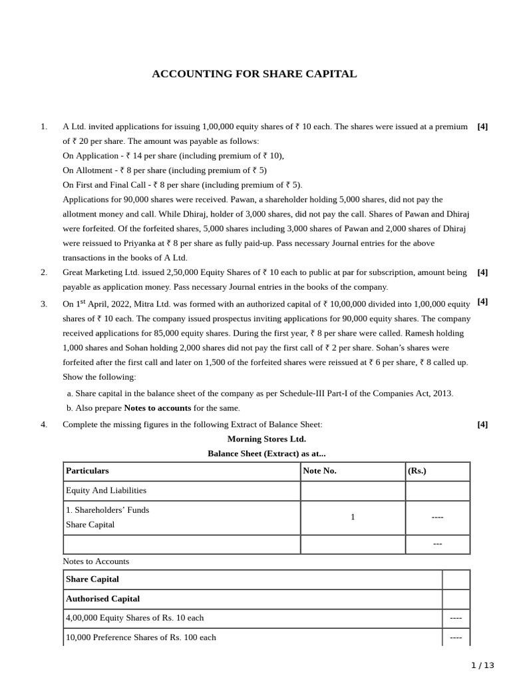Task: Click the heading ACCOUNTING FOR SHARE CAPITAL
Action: tap(254, 74)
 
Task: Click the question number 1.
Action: tap(44, 127)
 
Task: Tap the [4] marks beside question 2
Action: tap(482, 272)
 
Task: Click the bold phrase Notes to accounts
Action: tap(157, 408)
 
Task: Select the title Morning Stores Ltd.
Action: tap(266, 439)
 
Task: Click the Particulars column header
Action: tap(87, 471)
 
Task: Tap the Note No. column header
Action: tap(319, 471)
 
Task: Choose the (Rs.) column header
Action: tap(417, 471)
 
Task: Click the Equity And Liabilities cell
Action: tap(106, 490)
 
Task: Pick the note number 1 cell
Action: tap(353, 517)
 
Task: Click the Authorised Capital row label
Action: tap(102, 599)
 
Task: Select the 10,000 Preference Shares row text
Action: tap(140, 637)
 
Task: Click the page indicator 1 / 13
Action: tap(482, 665)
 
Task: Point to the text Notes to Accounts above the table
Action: tap(96, 561)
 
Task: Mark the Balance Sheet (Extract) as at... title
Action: tap(266, 454)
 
